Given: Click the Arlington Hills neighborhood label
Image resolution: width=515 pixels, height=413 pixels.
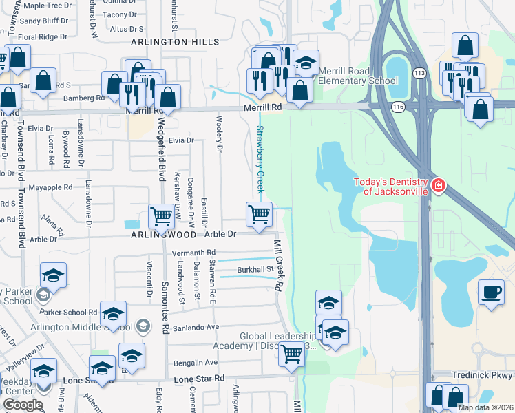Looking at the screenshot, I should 176,42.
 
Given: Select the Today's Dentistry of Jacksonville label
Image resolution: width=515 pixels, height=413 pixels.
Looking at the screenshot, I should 390,187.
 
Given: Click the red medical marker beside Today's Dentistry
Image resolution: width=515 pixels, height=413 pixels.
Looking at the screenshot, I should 438,186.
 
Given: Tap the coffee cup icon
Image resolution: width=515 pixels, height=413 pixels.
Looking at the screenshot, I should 491,292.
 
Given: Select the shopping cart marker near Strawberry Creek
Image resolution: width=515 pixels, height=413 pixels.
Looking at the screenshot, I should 260,214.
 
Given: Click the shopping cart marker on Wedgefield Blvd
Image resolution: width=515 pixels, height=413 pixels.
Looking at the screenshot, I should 161,215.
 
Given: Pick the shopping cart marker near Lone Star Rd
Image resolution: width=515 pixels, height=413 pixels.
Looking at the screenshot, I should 292,354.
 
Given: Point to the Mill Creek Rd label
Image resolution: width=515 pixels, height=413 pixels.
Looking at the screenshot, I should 278,264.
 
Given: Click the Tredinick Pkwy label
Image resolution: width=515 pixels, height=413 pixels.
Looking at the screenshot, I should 483,375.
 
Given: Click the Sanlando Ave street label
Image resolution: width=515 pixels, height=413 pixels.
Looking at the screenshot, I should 196,327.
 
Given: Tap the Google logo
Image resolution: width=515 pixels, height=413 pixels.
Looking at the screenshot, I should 23,405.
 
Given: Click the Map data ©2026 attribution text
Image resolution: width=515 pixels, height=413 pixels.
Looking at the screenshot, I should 485,407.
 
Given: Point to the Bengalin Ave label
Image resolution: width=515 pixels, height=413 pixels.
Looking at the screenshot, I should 196,362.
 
